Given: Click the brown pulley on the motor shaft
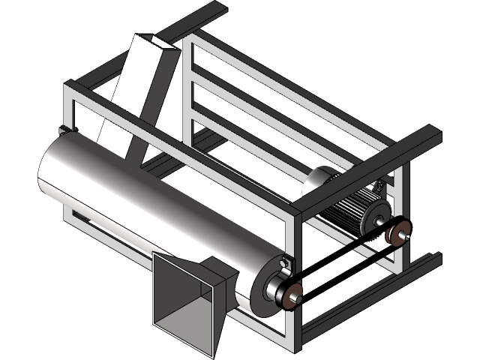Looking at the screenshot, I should point(398,232).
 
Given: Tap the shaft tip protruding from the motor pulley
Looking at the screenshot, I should point(409,235).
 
